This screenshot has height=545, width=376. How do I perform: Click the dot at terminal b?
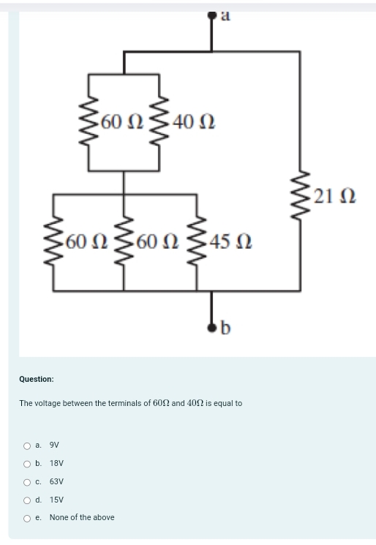click(x=212, y=326)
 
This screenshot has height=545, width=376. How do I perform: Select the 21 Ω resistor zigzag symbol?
click(x=298, y=195)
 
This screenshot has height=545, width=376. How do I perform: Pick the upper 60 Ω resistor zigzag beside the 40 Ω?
click(x=89, y=120)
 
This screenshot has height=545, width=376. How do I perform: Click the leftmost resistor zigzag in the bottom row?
click(x=54, y=241)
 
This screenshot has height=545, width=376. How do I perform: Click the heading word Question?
click(x=37, y=379)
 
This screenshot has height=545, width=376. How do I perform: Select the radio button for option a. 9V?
click(x=27, y=445)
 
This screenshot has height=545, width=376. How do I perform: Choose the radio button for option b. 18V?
click(x=27, y=463)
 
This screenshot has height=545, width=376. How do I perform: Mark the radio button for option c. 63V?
click(x=27, y=481)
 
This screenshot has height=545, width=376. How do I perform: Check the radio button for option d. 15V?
click(x=27, y=500)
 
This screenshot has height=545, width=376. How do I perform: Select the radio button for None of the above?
click(x=27, y=518)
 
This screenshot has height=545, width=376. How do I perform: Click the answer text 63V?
click(x=56, y=481)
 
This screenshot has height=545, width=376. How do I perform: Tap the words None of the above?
click(x=82, y=517)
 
